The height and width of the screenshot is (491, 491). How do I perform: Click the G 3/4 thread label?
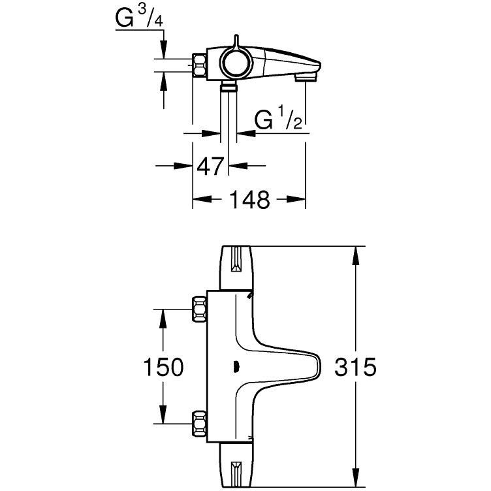point(139,18)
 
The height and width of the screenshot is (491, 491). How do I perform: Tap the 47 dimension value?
point(210,166)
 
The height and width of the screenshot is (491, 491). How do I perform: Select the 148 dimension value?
point(249,199)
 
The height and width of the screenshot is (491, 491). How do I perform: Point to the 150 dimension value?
point(163,367)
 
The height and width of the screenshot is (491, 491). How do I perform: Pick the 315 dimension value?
point(355,367)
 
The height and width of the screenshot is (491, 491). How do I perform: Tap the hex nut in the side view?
point(199,65)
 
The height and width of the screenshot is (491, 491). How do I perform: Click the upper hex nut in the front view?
point(199,309)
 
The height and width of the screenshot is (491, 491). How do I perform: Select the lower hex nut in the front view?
point(199,423)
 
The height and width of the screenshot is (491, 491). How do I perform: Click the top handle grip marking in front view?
point(236,259)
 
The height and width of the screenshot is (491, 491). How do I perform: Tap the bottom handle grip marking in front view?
point(236,473)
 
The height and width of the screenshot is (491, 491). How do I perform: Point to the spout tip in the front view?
point(319,366)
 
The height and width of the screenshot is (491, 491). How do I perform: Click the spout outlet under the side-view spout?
point(306,78)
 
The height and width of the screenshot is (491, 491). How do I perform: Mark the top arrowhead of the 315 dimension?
point(355,255)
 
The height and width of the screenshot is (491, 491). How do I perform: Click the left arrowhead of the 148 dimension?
point(202,199)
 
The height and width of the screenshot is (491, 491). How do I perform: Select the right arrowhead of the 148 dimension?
point(296,199)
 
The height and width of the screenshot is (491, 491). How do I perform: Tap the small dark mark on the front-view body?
point(236,367)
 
